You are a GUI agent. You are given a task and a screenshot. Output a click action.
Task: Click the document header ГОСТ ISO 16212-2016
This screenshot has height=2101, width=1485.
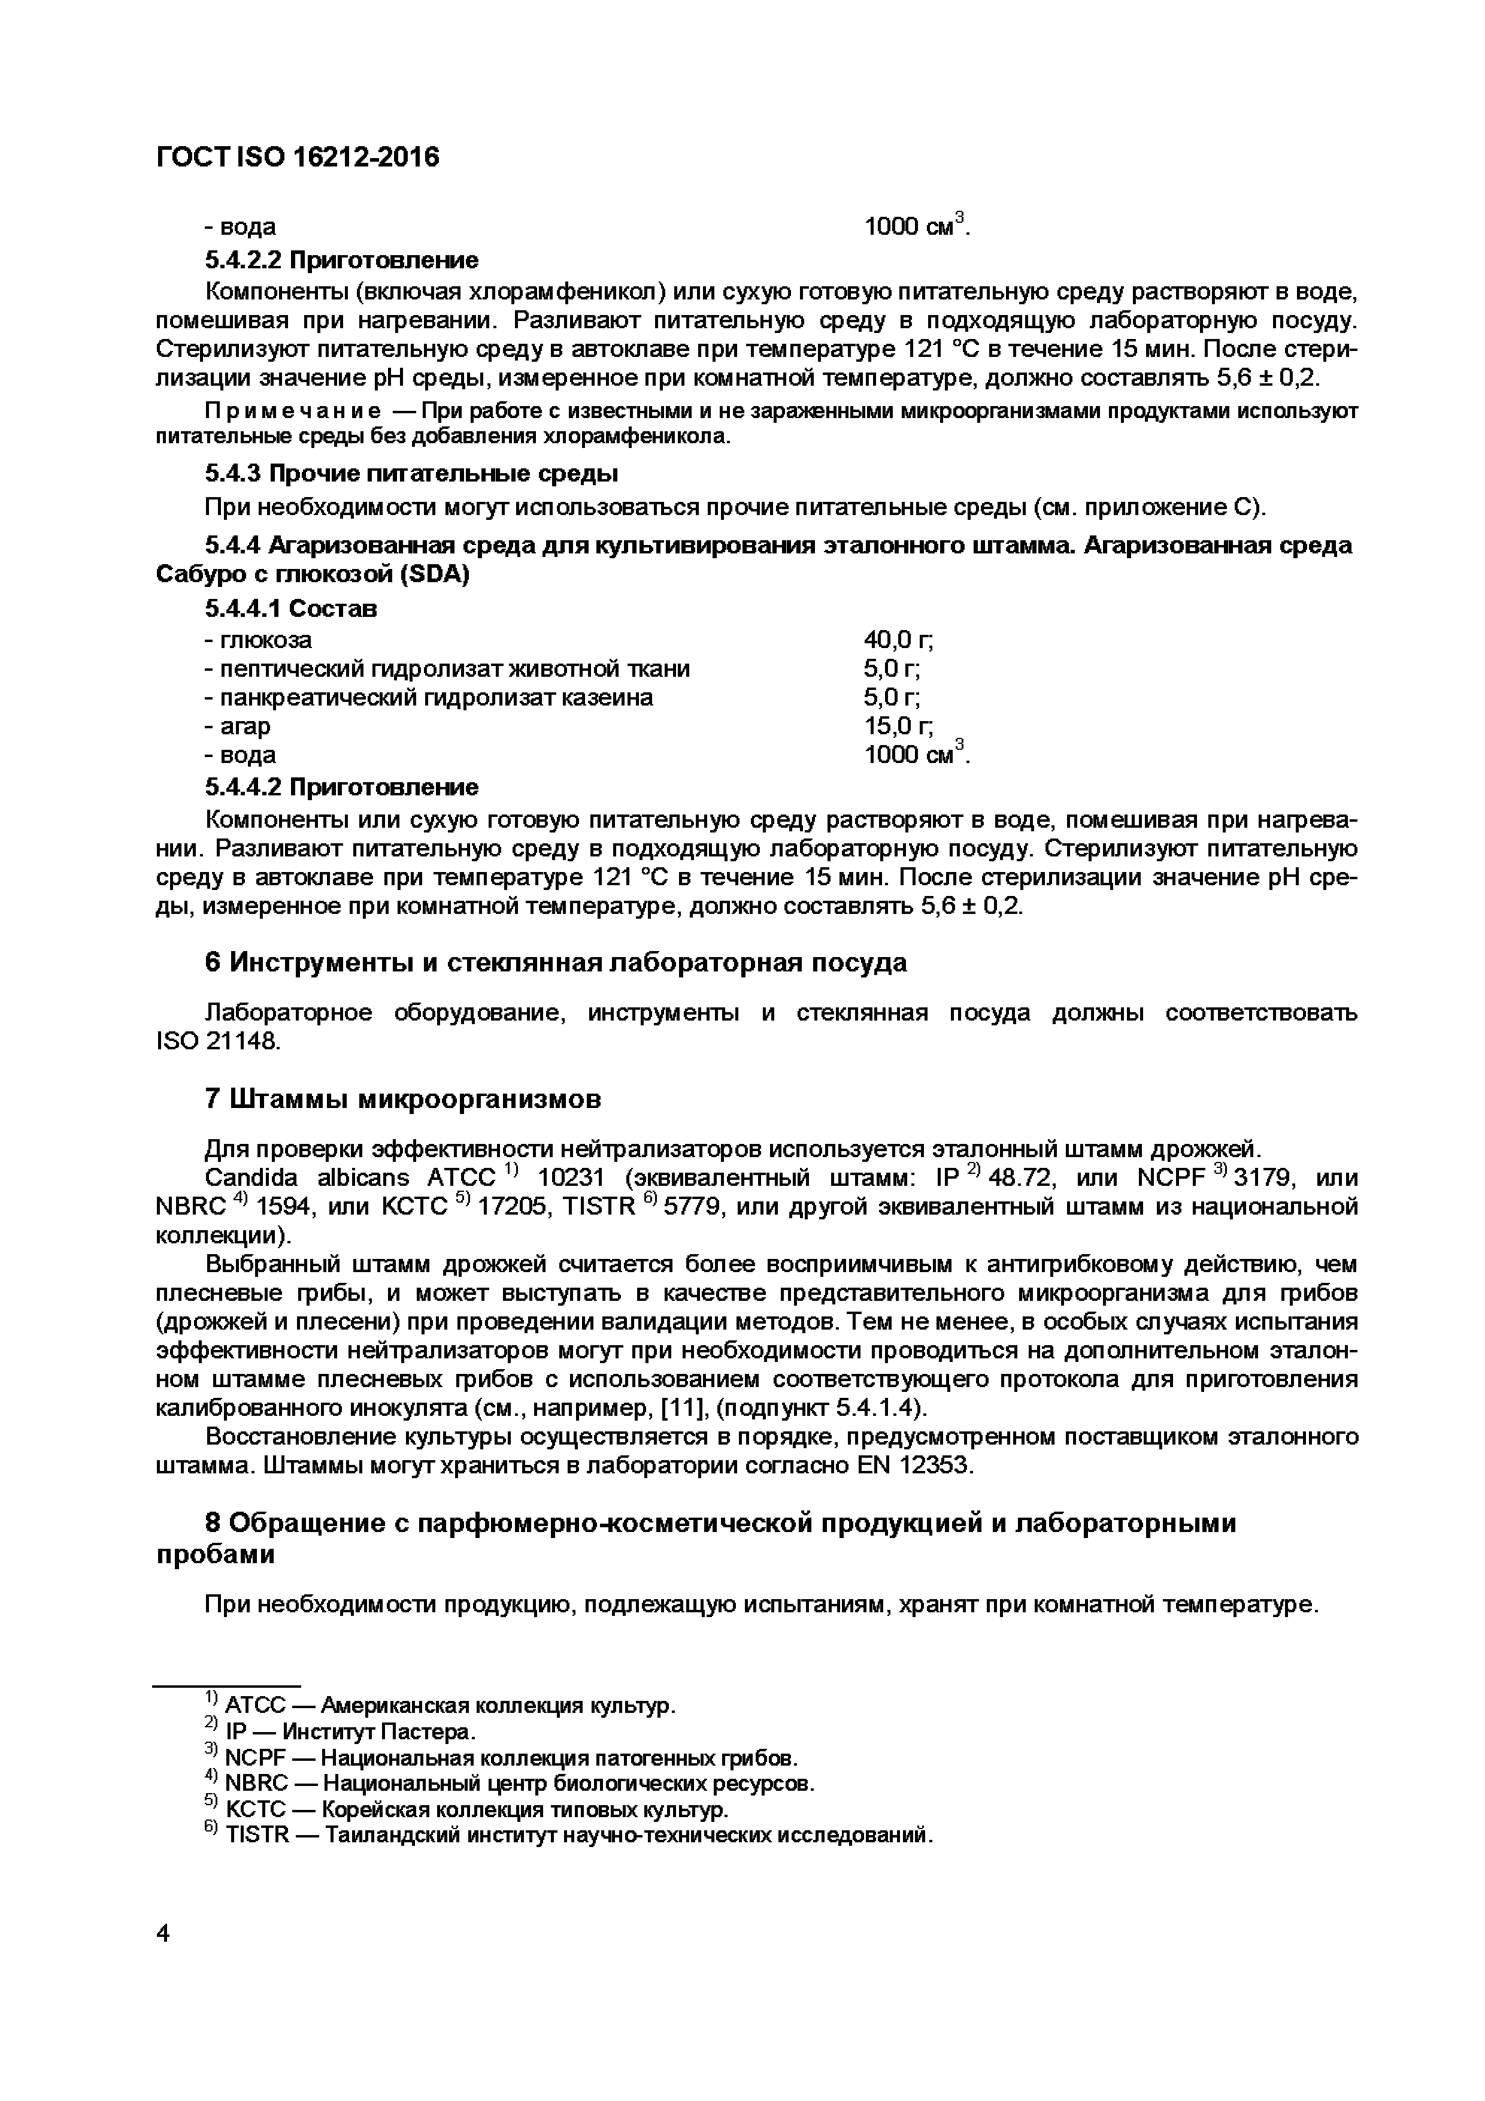click(298, 158)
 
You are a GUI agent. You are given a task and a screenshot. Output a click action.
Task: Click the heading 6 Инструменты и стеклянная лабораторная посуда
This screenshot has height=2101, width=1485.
click(556, 962)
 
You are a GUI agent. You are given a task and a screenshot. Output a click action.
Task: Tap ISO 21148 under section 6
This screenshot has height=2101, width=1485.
click(219, 1042)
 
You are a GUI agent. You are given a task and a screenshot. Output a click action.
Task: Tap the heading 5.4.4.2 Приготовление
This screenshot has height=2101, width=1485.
click(341, 787)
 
